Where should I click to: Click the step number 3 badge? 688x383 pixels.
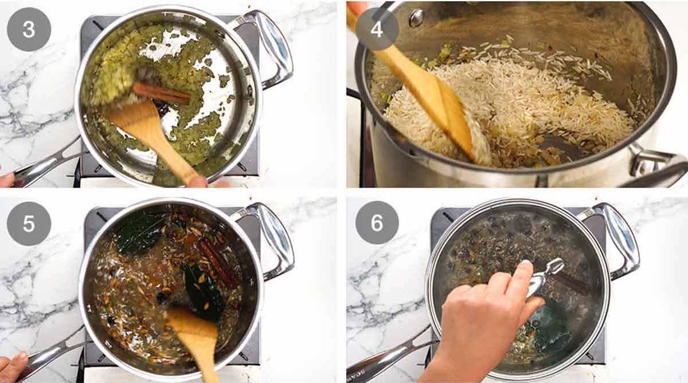click(29, 29)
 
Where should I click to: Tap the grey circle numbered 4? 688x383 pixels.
click(377, 29)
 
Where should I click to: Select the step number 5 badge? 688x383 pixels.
click(29, 223)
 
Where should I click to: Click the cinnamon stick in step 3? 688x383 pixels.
click(161, 93)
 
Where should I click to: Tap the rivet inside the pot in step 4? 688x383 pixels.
click(417, 18)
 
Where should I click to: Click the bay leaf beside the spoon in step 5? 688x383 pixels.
click(204, 293)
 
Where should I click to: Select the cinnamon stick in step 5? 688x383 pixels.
click(218, 261)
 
